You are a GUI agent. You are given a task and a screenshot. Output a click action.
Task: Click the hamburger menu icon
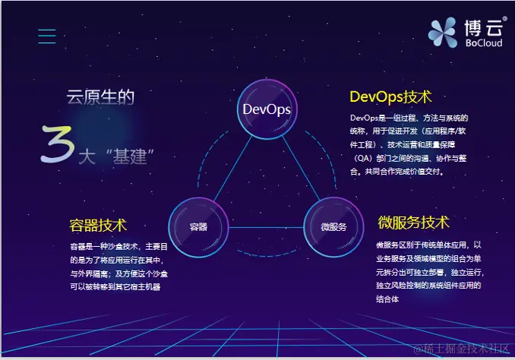point(47,36)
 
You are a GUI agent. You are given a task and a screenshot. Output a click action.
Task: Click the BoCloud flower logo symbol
point(442,32)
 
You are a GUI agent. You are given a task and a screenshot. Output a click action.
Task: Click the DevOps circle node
point(267,109)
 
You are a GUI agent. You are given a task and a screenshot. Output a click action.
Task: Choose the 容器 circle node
point(198,227)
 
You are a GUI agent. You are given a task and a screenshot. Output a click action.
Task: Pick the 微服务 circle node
point(333,227)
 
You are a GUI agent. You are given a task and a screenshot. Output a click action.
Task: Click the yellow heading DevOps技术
point(390,97)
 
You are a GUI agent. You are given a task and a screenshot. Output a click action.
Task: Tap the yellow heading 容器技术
point(98,226)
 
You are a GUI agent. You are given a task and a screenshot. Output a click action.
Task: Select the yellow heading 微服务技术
point(414,223)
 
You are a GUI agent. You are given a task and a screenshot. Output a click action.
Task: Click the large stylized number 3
point(57,144)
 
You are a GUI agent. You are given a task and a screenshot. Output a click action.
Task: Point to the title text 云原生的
point(100,97)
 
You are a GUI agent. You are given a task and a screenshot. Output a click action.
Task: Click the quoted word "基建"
point(132,157)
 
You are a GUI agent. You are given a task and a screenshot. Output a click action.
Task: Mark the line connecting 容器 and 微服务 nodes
point(266,228)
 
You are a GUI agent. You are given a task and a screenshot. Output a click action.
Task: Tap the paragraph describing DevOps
point(409,144)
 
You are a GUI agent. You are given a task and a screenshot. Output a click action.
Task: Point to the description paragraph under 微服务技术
point(429,272)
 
